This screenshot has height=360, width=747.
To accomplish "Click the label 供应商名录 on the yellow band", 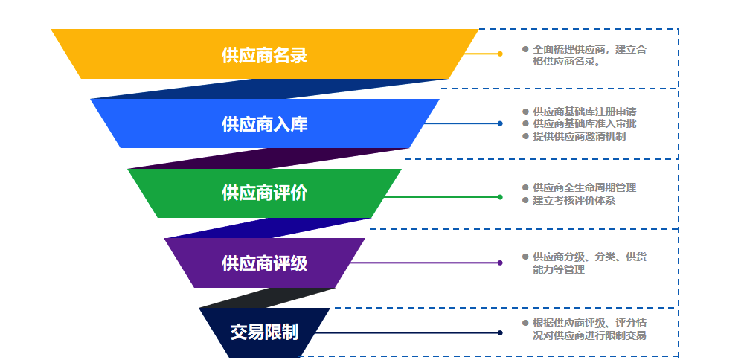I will (264, 55).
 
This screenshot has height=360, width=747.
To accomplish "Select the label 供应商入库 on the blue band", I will (264, 124).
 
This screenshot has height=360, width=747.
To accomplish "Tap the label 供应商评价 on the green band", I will (264, 193).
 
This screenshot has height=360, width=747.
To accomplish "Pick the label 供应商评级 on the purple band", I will (264, 263).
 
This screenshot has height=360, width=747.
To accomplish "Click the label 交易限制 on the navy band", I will (264, 332).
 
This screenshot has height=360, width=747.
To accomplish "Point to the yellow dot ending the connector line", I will (500, 54).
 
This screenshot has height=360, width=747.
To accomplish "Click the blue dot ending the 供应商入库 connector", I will (500, 123).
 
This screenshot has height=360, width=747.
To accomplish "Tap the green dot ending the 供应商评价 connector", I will (500, 197).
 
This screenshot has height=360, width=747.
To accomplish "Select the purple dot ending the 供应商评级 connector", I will (500, 263).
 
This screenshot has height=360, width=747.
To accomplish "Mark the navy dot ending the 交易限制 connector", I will (500, 332).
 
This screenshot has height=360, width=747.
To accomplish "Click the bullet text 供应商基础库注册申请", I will (584, 112).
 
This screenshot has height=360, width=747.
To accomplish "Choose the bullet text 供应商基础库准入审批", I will (584, 123).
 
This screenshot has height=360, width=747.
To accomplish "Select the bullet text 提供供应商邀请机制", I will (579, 136).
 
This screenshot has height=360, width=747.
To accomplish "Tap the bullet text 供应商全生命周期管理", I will (584, 187).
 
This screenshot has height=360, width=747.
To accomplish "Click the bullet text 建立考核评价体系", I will (574, 200).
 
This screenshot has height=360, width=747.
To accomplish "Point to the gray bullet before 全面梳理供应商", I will (525, 49).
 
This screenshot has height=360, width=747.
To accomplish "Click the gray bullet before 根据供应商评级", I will (525, 323).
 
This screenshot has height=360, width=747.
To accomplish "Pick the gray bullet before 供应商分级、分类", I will (525, 257).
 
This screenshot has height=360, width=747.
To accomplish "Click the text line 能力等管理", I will (559, 269).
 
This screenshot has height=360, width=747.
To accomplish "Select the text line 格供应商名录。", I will (567, 62).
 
